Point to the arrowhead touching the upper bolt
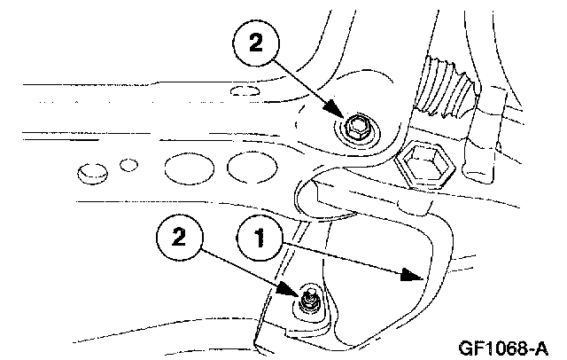[343, 115]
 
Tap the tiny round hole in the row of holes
[129, 164]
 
